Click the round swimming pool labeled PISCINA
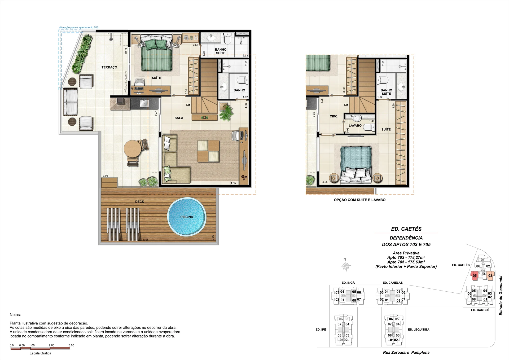187,217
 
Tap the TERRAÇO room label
109,67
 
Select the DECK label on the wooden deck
140,202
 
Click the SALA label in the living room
179,118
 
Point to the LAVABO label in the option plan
355,126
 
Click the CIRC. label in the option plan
334,116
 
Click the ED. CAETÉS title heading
406,229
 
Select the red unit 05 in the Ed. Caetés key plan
475,276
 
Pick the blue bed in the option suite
356,165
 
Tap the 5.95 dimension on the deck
146,240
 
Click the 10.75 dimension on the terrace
126,51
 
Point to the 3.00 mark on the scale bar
71,345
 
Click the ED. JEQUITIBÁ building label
419,330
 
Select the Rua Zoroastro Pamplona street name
406,353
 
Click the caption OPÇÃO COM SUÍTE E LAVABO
360,200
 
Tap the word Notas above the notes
15,315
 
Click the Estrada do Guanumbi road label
501,296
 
